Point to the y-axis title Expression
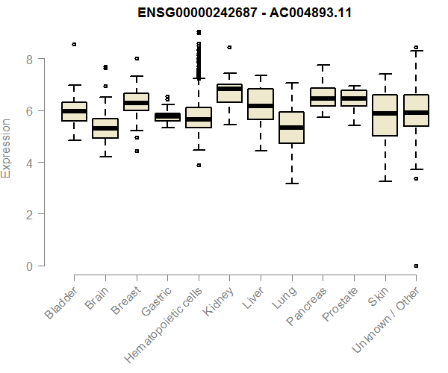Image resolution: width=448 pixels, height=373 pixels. pyautogui.click(x=7, y=148)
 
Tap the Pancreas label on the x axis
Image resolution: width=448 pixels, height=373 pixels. pyautogui.click(x=305, y=307)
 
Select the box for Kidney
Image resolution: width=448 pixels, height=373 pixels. pyautogui.click(x=229, y=93)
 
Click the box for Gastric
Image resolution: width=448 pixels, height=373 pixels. pyautogui.click(x=167, y=117)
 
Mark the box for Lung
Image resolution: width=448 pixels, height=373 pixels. pyautogui.click(x=291, y=127)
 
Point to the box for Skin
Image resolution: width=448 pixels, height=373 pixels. pyautogui.click(x=385, y=115)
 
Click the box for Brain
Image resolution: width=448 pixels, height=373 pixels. pyautogui.click(x=105, y=128)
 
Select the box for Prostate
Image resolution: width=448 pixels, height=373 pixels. pyautogui.click(x=353, y=98)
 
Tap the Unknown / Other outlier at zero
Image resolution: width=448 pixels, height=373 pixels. pyautogui.click(x=416, y=266)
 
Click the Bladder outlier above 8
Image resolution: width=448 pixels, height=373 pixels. pyautogui.click(x=74, y=45)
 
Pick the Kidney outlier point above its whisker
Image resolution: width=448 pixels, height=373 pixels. pyautogui.click(x=229, y=47)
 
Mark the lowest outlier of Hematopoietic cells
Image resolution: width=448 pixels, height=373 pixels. pyautogui.click(x=198, y=165)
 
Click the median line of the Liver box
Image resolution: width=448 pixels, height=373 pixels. pyautogui.click(x=261, y=106)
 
